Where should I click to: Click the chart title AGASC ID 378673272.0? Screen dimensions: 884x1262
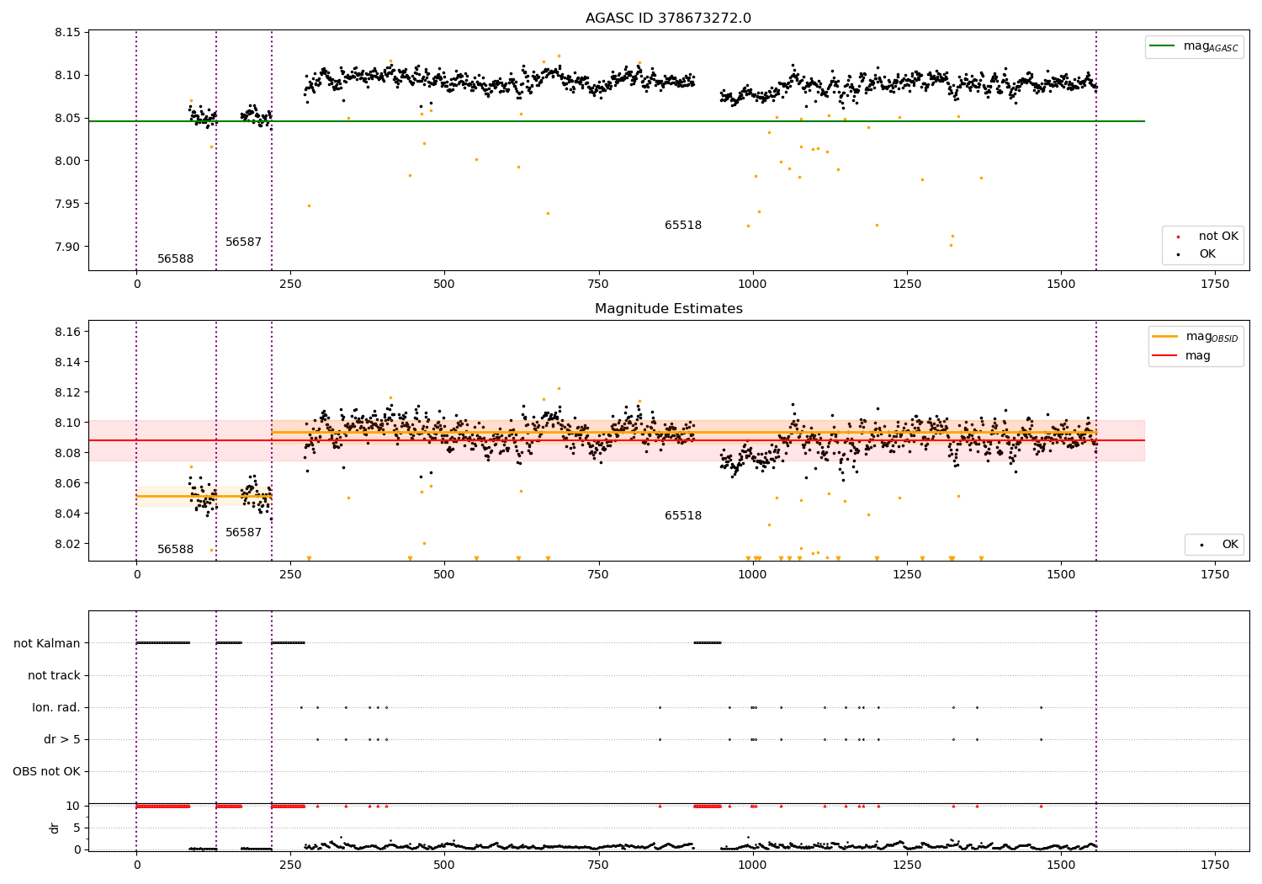click(x=668, y=19)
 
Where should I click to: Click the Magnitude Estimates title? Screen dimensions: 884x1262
click(x=668, y=309)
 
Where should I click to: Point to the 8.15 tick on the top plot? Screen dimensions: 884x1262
click(x=66, y=33)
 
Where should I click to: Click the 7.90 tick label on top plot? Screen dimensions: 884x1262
click(x=66, y=247)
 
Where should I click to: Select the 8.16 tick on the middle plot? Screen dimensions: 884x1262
click(x=66, y=332)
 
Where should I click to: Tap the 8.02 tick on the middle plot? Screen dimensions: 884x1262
click(x=66, y=544)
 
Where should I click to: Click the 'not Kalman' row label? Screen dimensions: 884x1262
click(x=47, y=644)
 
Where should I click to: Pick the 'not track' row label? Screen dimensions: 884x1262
click(x=54, y=676)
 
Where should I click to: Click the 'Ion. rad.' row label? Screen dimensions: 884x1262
click(x=56, y=708)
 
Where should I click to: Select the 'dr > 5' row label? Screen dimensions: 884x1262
click(x=62, y=740)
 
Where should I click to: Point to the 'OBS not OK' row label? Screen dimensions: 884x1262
click(x=46, y=772)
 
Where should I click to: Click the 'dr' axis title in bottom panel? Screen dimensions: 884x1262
click(x=55, y=828)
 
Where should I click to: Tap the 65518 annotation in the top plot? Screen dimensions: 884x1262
click(x=682, y=226)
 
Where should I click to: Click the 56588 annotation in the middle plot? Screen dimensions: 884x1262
click(x=175, y=550)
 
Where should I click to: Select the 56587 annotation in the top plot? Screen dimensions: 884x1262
click(x=243, y=242)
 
